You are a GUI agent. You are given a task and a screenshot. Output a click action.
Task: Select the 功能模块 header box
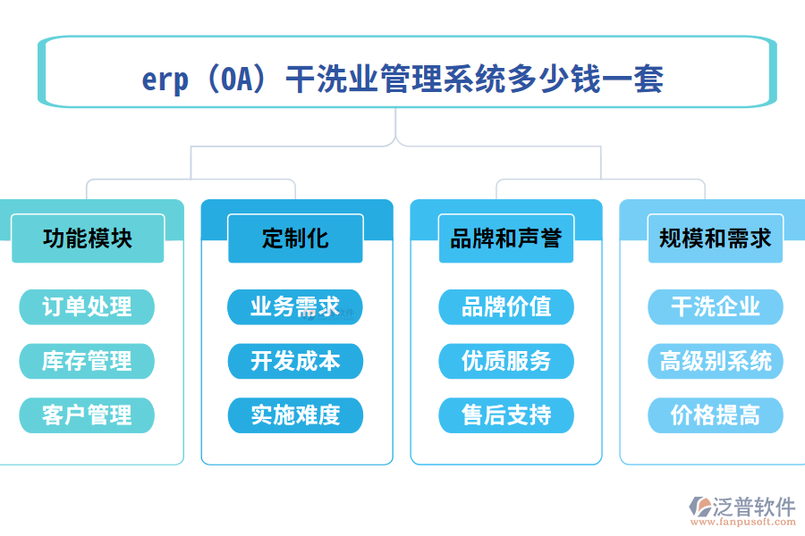pos(88,239)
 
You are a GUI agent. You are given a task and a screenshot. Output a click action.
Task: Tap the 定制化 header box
pos(295,239)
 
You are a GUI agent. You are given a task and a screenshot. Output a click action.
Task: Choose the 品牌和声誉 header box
pos(505,239)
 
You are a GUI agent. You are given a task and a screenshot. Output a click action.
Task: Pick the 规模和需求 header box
pos(715,239)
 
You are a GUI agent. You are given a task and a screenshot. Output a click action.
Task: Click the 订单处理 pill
pos(87,307)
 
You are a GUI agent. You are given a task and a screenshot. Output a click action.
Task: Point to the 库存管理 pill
pos(87,361)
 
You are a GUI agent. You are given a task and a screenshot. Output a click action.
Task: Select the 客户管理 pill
pos(87,415)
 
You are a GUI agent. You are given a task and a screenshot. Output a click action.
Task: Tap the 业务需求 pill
pos(295,307)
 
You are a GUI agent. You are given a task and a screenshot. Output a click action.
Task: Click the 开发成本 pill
pos(295,361)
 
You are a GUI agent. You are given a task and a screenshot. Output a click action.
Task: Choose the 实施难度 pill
pos(295,415)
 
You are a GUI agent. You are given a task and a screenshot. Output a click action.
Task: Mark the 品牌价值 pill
pos(505,307)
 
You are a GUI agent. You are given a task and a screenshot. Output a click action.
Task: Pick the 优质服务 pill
pos(505,361)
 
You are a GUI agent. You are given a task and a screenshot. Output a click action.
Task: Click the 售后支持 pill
pos(505,415)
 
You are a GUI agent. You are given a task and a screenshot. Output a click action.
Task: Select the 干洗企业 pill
pos(715,307)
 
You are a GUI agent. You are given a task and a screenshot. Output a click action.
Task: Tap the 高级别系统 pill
pos(715,361)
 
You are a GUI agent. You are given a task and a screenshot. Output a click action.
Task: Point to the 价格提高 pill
pos(715,415)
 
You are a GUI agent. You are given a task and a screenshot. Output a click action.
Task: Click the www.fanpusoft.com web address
pos(745,524)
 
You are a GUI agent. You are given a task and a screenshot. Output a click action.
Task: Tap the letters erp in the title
pos(165,80)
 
